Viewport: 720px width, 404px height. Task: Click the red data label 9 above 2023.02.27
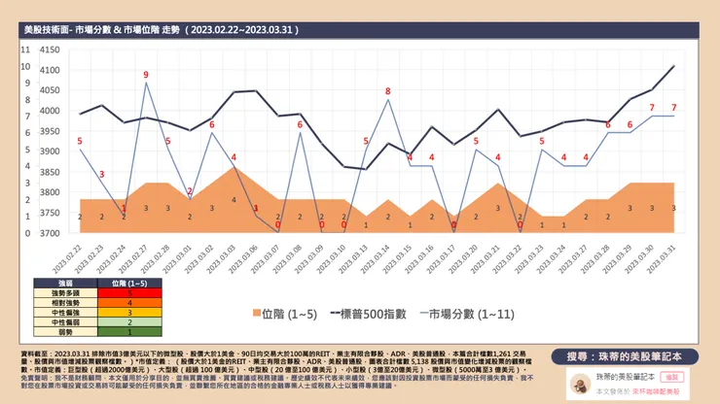point(146,75)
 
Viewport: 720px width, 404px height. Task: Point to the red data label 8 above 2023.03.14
point(388,91)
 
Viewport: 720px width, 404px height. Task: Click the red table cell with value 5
point(129,291)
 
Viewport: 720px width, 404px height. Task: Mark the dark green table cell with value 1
point(129,332)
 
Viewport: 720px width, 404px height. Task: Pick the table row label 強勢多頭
point(65,291)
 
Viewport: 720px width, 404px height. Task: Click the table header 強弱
point(65,282)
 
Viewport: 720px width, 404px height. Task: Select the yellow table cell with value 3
point(129,312)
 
